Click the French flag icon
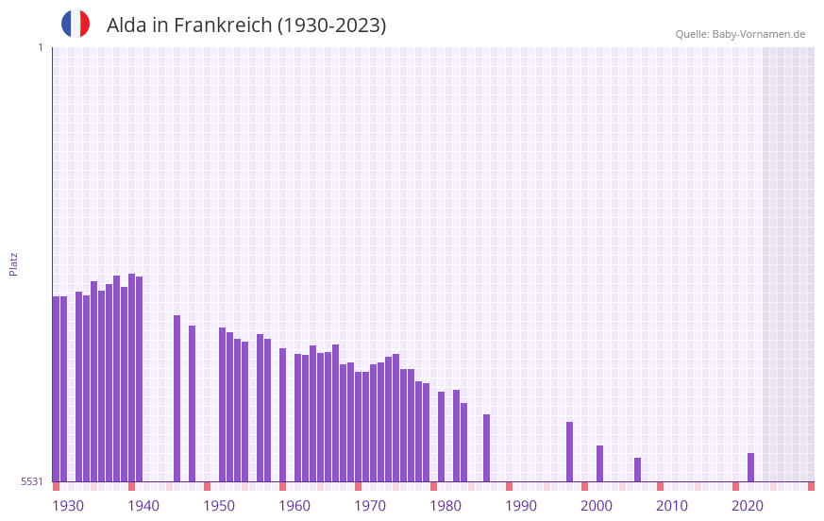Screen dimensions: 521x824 [x=76, y=25]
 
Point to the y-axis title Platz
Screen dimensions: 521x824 [x=13, y=263]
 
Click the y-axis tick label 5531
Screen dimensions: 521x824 [x=32, y=481]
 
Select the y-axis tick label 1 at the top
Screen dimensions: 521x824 [x=40, y=47]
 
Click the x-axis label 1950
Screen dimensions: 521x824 [x=219, y=506]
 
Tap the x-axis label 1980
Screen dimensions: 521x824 [x=446, y=506]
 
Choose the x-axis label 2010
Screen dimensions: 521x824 [x=672, y=506]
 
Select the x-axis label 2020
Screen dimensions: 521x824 [x=748, y=506]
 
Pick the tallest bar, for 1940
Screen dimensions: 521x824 [x=131, y=378]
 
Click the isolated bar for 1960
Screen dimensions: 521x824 [x=282, y=415]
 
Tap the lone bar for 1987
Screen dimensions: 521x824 [x=486, y=448]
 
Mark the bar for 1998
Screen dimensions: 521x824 [x=569, y=452]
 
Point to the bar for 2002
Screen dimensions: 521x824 [x=599, y=463]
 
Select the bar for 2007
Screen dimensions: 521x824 [x=637, y=470]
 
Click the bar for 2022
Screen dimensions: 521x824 [x=750, y=467]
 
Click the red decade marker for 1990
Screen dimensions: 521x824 [x=509, y=486]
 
